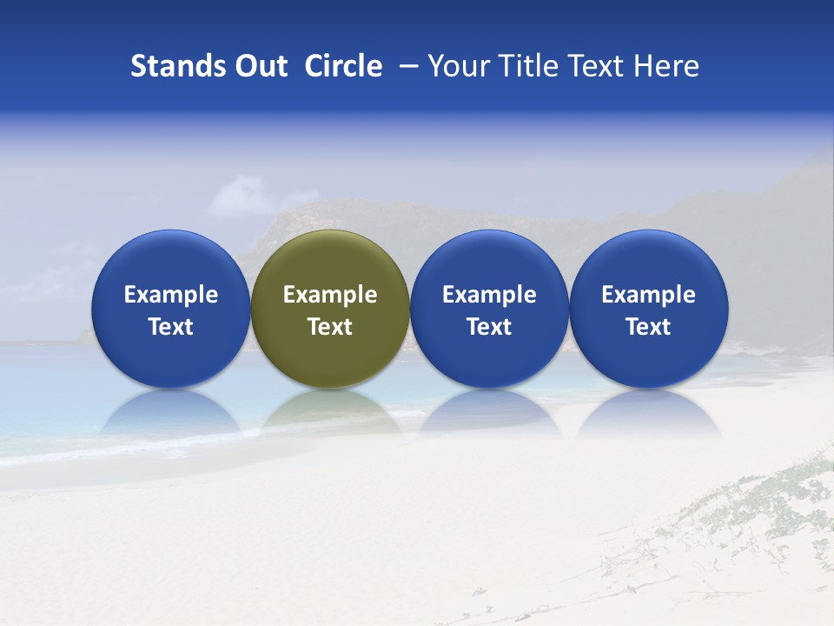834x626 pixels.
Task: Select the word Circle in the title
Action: pyautogui.click(x=343, y=66)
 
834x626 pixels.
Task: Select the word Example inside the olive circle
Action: pyautogui.click(x=330, y=295)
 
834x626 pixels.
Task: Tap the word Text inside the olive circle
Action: pyautogui.click(x=330, y=327)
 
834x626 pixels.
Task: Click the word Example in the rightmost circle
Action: pyautogui.click(x=648, y=295)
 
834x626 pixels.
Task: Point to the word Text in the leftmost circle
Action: pyautogui.click(x=171, y=327)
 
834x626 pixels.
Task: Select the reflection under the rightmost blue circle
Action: pyautogui.click(x=648, y=415)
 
